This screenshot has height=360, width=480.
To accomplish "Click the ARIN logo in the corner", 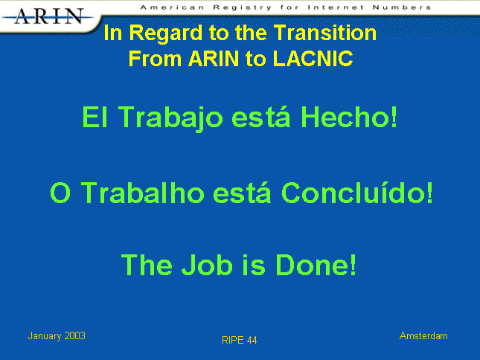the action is [x=48, y=16].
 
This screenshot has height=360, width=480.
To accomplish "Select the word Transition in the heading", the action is [x=324, y=33].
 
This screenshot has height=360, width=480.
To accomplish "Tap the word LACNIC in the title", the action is [x=313, y=58].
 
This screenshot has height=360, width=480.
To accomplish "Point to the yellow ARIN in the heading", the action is [x=214, y=58].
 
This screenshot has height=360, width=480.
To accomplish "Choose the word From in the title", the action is [x=156, y=58].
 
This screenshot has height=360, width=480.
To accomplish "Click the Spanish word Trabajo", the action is [x=170, y=118].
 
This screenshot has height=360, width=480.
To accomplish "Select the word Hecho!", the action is [x=349, y=117].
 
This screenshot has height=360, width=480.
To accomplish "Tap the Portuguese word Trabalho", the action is [x=142, y=193].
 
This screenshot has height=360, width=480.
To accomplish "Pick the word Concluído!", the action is [x=357, y=193].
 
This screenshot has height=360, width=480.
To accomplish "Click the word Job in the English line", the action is [x=207, y=265].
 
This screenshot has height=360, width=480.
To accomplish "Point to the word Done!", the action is [x=316, y=265].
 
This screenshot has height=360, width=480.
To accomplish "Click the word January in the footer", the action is [x=45, y=336].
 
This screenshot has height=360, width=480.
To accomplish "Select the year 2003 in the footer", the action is [x=74, y=336].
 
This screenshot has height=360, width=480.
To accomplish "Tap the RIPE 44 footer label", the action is [x=240, y=340].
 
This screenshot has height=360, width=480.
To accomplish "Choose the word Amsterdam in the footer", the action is [x=423, y=336].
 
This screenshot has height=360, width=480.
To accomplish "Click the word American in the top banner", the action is [x=173, y=7].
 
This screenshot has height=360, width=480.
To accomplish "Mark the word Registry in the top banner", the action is [x=243, y=7].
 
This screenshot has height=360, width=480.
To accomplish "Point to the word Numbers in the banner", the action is [x=402, y=7].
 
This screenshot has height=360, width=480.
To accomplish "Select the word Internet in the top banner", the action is [x=336, y=7].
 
